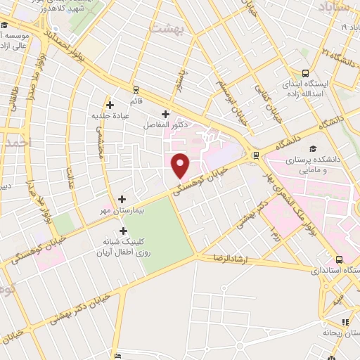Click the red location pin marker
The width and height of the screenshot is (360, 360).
[181, 165]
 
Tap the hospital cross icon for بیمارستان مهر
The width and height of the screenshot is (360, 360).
[124, 200]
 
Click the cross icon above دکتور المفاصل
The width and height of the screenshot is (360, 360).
[166, 114]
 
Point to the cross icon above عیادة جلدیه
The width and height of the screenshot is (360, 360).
[110, 105]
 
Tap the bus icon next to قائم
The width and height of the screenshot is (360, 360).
[136, 90]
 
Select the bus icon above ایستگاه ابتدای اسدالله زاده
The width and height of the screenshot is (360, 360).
[305, 73]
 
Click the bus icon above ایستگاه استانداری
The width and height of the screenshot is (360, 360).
[340, 259]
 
